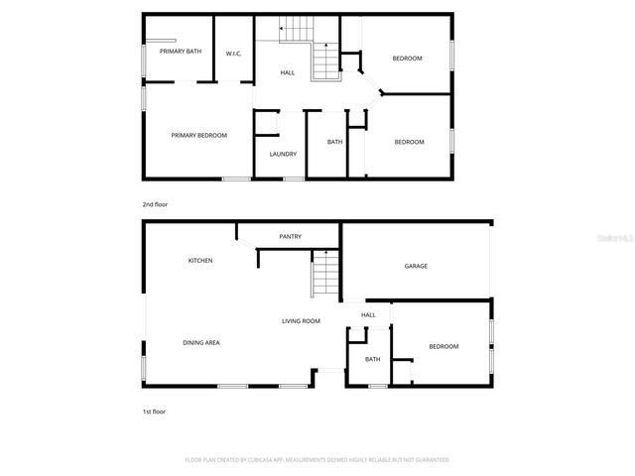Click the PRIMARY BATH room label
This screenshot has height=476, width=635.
pos(180,51)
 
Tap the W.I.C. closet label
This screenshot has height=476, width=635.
pos(234,54)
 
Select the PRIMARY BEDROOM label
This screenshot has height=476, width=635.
pos(198,135)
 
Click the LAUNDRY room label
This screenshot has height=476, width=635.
pos(283,154)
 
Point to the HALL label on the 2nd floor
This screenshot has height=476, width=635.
pos(288,72)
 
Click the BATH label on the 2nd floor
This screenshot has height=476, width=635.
pos(335,142)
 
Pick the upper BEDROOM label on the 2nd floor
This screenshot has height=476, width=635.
pos(407,59)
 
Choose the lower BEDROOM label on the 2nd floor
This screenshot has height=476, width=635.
pos(409,142)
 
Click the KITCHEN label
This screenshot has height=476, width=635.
pos(200,261)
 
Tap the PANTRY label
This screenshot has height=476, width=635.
pos(290,236)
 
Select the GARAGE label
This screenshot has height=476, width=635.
pos(416,266)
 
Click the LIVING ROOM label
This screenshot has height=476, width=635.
pos(301,321)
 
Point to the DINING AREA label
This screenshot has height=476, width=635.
pos(200,342)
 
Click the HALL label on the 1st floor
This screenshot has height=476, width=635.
pos(368,315)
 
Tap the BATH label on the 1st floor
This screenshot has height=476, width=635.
pos(372,359)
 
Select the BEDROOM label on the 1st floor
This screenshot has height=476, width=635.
pos(444,346)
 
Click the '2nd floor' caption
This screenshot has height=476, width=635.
pos(155,204)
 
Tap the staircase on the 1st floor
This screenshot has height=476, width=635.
pos(324,275)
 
